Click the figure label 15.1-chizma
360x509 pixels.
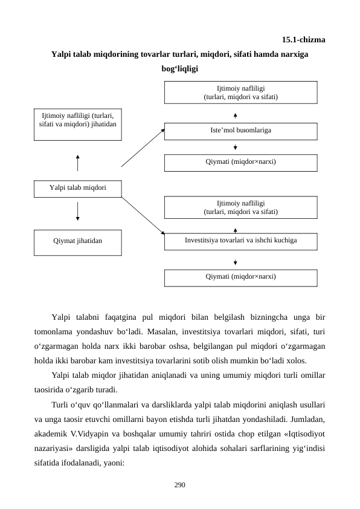point(304,41)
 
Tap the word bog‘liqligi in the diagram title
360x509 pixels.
point(179,68)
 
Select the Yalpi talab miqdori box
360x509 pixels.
point(77,188)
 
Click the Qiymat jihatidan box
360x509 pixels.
point(77,241)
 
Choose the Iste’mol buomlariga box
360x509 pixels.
point(240,131)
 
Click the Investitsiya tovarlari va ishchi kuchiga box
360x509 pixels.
point(240,241)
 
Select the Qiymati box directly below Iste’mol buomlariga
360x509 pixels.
point(240,162)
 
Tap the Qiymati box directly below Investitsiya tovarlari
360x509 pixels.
point(240,277)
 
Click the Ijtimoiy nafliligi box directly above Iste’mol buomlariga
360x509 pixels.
point(240,92)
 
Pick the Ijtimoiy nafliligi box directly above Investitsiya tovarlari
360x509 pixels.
point(240,207)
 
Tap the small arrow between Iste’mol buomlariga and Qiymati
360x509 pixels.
point(234,146)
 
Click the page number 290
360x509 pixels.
point(179,484)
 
